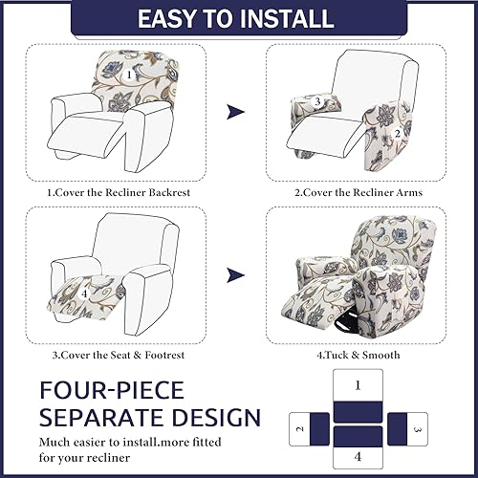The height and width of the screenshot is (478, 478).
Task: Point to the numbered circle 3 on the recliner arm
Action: [x=316, y=102]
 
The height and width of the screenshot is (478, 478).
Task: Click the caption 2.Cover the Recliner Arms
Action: [x=358, y=192]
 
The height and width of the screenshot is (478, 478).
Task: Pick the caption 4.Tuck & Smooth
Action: [x=358, y=356]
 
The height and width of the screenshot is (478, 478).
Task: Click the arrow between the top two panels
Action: [x=235, y=113]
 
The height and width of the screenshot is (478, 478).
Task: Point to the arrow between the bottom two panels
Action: [x=235, y=277]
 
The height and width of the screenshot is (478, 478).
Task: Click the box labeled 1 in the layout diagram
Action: [x=357, y=387]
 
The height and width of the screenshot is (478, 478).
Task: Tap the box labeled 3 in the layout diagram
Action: [x=415, y=429]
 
